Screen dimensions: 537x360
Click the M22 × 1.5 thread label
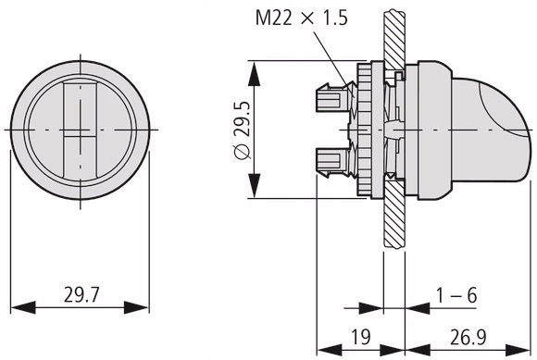(x=302, y=18)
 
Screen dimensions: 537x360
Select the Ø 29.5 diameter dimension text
(x=244, y=130)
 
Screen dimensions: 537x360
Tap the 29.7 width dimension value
(x=81, y=294)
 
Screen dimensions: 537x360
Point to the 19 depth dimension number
(x=361, y=337)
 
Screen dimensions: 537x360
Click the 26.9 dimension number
(x=468, y=337)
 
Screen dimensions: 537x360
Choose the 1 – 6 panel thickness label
(x=456, y=295)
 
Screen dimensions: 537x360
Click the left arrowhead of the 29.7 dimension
(x=23, y=307)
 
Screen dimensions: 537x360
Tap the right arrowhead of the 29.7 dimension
(x=136, y=307)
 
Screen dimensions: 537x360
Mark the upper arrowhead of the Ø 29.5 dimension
(x=254, y=74)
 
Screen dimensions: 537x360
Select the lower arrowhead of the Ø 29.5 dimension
(x=254, y=185)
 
